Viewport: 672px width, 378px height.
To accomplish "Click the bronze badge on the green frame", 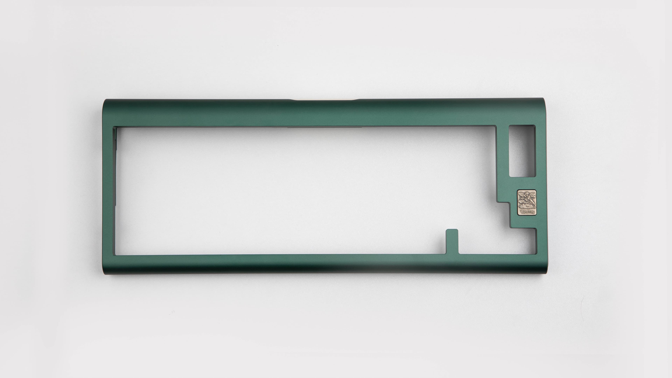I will pos(527,202).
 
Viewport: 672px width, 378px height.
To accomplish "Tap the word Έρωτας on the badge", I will pos(527,212).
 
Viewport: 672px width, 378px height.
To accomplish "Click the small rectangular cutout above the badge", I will pos(522,151).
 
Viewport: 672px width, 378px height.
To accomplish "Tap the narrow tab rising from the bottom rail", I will pos(452,241).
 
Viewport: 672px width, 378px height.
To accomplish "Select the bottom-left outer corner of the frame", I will pos(104,274).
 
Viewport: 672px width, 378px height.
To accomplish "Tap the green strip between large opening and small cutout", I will pos(502,156).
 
